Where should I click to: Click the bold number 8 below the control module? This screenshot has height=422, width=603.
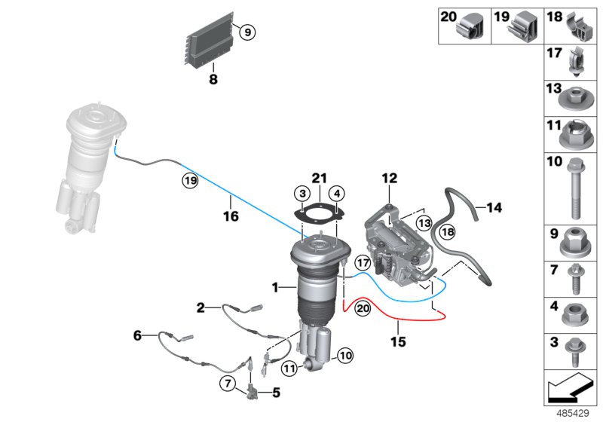213,77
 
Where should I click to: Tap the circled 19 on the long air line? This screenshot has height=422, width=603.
188,180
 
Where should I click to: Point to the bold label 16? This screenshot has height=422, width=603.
231,216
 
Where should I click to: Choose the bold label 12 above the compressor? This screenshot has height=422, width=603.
388,179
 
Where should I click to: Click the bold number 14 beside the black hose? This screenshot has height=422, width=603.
494,206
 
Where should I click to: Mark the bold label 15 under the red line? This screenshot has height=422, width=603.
397,341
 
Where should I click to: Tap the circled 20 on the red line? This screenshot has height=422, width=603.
363,307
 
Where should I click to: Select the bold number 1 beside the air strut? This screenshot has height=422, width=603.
276,287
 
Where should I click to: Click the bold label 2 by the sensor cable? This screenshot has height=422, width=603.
200,307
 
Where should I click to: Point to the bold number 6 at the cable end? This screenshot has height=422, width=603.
137,335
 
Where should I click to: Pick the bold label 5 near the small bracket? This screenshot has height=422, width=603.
275,392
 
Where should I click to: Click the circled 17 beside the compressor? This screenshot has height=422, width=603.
363,264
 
